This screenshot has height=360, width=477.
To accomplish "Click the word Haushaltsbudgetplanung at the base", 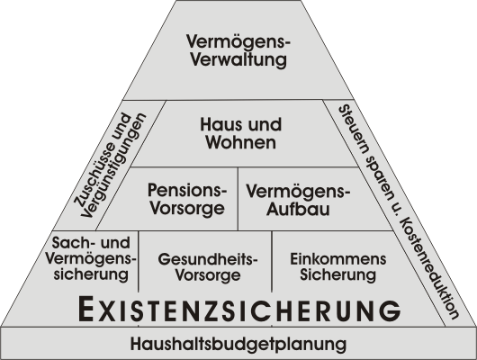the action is point(238,344).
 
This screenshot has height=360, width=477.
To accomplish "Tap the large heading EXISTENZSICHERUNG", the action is point(239,310).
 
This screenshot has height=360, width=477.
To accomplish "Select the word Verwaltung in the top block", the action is point(238,59).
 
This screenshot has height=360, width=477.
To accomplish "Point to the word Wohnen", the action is point(241,142).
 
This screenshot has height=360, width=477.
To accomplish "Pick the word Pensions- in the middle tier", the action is point(187,190).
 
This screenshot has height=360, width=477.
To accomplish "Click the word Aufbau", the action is point(298,209).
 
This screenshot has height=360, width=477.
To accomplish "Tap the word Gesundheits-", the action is point(208,259).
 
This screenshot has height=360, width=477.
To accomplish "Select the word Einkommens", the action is point(338,259).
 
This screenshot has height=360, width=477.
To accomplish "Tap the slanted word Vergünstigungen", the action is point(113,166).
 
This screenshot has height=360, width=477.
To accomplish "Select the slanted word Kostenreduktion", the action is point(428,269).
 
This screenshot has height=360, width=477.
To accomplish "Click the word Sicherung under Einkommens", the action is point(338,274).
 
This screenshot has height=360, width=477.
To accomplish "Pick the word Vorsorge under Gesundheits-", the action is point(208,275).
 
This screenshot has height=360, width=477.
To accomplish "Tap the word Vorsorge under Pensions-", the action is point(187,209).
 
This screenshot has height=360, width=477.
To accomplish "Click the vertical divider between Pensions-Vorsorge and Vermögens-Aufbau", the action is point(238,198).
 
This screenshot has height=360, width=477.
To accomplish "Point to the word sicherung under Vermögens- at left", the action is point(91,274).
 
